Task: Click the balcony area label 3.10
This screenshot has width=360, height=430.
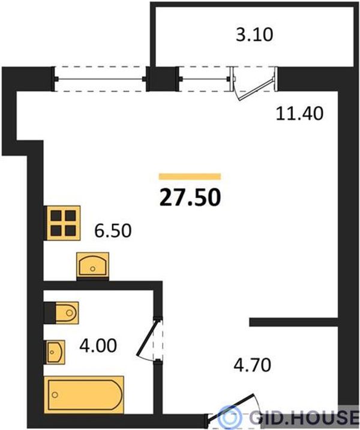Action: tap(254, 35)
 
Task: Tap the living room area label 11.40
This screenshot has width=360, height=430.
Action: tap(299, 113)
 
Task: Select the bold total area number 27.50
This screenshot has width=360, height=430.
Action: tap(190, 197)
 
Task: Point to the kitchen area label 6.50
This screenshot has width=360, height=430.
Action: tap(113, 231)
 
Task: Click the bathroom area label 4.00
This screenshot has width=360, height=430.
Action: tap(98, 345)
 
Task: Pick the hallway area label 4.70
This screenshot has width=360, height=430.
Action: tap(252, 365)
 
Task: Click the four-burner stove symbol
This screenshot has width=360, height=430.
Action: tap(63, 223)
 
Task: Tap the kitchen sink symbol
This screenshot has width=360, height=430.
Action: tap(93, 265)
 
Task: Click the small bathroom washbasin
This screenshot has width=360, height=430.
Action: tap(56, 352)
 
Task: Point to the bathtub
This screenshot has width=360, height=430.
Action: tap(83, 395)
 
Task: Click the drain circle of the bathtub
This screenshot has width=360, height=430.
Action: tap(55, 395)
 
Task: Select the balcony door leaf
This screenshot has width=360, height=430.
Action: tap(257, 89)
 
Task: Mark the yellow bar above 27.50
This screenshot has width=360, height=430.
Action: tap(190, 176)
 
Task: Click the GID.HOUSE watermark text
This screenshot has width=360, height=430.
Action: tap(304, 417)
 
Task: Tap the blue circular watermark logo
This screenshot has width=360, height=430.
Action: tap(230, 417)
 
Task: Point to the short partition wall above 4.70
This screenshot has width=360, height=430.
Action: tap(293, 322)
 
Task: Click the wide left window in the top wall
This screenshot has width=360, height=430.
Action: tap(100, 79)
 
